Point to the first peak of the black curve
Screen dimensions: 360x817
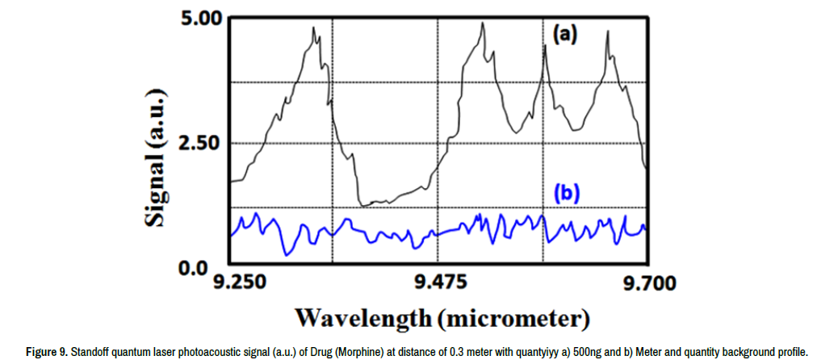tap(314, 28)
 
